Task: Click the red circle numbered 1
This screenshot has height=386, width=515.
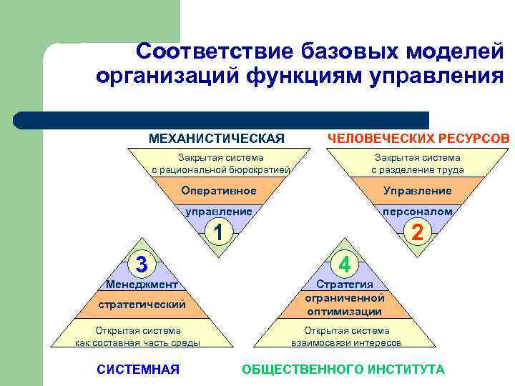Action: pyautogui.click(x=220, y=232)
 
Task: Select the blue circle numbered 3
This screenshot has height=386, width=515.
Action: pyautogui.click(x=142, y=264)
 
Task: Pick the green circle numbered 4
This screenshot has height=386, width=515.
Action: pyautogui.click(x=344, y=264)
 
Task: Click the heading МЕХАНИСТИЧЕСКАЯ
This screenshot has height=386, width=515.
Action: pyautogui.click(x=216, y=138)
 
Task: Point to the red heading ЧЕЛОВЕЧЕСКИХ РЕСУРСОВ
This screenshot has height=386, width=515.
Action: pyautogui.click(x=418, y=138)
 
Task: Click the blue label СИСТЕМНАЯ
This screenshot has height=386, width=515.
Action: pyautogui.click(x=137, y=369)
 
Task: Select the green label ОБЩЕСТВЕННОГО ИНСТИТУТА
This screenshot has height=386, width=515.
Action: pyautogui.click(x=343, y=369)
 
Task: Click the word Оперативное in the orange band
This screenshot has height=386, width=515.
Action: pyautogui.click(x=219, y=191)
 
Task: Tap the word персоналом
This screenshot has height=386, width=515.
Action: pyautogui.click(x=417, y=212)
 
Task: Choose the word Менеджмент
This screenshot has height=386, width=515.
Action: pyautogui.click(x=142, y=284)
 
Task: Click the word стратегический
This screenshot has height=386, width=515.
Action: pyautogui.click(x=142, y=305)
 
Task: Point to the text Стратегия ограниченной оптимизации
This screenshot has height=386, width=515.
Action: pyautogui.click(x=344, y=298)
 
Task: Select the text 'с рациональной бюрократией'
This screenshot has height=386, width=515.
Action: pyautogui.click(x=220, y=170)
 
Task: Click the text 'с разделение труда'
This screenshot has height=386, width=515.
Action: pyautogui.click(x=417, y=170)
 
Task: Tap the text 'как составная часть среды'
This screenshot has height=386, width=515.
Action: pyautogui.click(x=138, y=342)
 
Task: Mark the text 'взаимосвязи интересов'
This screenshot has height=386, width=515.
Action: pyautogui.click(x=346, y=342)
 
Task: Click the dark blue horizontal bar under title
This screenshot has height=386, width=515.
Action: pyautogui.click(x=222, y=119)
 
